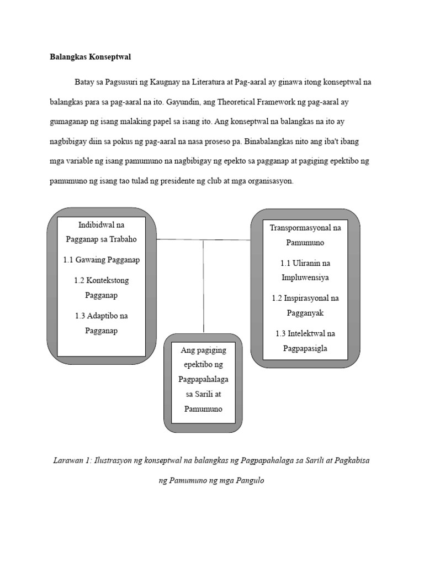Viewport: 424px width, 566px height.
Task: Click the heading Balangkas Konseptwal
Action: point(90,57)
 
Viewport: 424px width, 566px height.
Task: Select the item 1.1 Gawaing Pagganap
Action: point(101,260)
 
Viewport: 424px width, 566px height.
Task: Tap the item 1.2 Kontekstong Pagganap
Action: point(101,287)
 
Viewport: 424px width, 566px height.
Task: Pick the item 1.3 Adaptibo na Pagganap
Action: point(101,323)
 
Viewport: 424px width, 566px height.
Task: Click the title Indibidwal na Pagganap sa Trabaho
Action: point(101,232)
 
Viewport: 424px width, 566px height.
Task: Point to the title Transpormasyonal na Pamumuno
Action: point(305,235)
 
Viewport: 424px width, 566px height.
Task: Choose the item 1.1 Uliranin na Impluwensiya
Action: point(305,270)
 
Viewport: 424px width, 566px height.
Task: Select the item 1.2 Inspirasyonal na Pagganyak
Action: point(305,305)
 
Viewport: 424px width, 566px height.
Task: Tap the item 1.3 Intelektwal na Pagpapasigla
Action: point(305,340)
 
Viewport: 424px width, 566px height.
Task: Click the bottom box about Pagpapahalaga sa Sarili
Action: point(203,380)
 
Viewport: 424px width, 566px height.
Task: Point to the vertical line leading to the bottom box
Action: point(203,287)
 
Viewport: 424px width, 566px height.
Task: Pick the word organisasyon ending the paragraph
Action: point(269,180)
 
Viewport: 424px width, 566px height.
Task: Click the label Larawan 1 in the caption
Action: point(72,460)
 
